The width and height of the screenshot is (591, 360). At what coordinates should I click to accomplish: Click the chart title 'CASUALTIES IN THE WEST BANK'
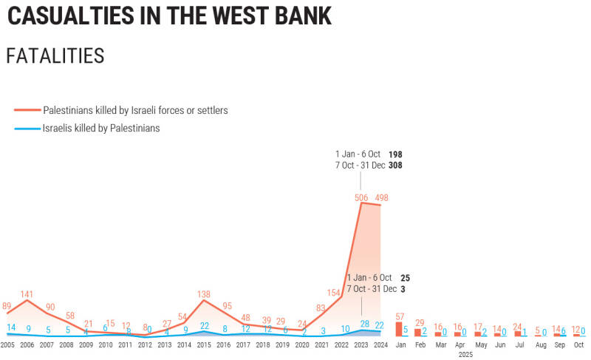[x=169, y=16]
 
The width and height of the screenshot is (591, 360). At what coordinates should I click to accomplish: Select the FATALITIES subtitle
[x=55, y=56]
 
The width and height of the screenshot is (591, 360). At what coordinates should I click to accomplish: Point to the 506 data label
[x=362, y=197]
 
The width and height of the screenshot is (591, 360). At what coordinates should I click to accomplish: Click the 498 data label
[x=381, y=197]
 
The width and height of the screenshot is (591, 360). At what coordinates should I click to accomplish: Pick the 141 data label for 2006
[x=27, y=293]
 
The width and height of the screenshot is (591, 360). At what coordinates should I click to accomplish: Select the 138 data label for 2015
[x=205, y=294]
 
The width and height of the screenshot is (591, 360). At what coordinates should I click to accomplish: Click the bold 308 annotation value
[x=395, y=166]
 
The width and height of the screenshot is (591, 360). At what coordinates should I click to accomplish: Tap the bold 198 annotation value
[x=395, y=154]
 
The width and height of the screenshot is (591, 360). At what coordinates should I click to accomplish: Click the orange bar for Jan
[x=400, y=329]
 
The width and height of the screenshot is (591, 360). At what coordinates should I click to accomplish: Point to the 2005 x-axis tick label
[x=7, y=345]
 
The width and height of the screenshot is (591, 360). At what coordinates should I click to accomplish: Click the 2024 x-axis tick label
[x=381, y=345]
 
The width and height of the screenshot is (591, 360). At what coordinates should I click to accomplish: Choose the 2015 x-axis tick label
[x=205, y=345]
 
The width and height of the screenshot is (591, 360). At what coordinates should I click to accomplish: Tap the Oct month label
[x=578, y=345]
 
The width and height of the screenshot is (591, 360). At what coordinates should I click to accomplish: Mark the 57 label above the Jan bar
[x=400, y=316]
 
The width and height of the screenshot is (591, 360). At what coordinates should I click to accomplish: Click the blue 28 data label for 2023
[x=363, y=325]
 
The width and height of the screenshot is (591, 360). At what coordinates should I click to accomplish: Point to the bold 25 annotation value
[x=404, y=277]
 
